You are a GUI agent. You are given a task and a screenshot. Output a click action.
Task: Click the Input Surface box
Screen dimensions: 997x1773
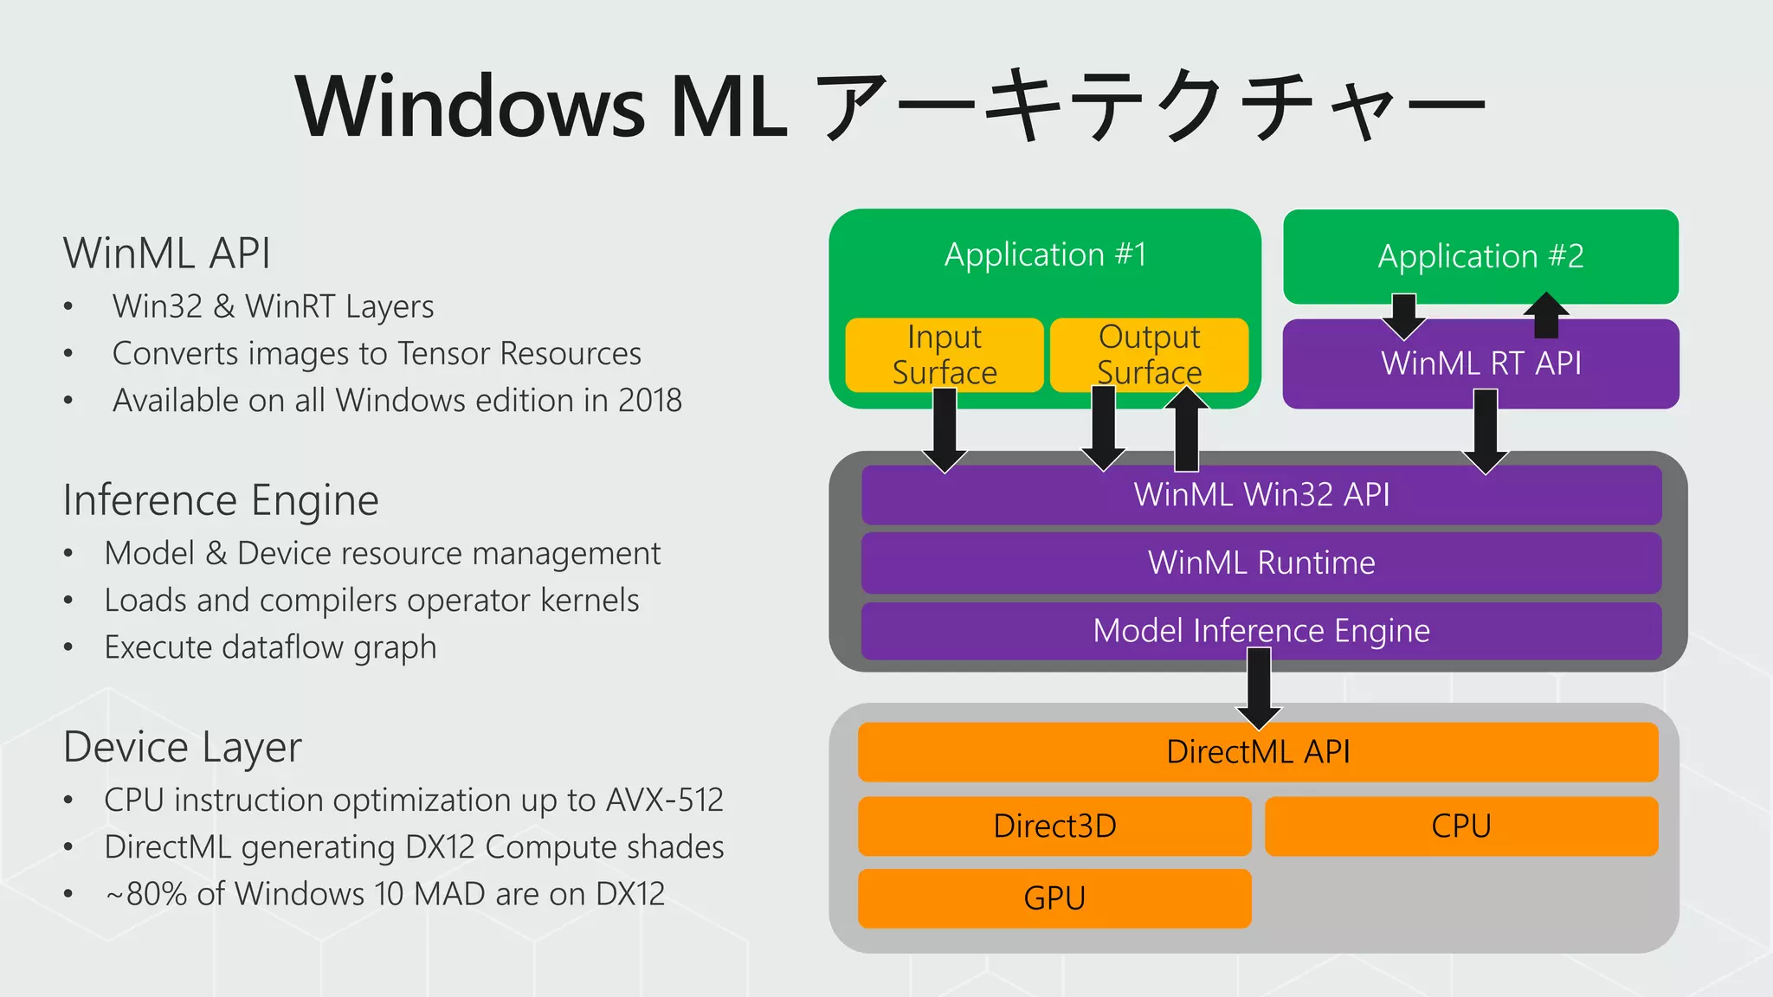pos(944,354)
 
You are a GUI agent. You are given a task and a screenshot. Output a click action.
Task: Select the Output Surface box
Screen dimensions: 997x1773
pos(1149,354)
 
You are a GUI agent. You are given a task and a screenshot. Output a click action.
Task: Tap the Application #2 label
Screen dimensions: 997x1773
pos(1480,256)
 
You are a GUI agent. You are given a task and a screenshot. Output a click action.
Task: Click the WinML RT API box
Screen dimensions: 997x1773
pos(1480,363)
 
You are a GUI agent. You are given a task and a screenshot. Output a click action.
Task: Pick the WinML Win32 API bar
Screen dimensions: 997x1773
pos(1261,495)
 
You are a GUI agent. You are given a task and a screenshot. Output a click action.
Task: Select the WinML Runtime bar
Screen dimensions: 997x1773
pos(1261,563)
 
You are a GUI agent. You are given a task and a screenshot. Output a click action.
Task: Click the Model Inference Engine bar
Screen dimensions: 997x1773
pos(1261,631)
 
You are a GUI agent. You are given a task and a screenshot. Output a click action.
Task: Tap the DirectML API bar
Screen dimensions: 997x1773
pos(1258,752)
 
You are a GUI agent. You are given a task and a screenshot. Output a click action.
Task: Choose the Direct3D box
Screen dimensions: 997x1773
pos(1054,827)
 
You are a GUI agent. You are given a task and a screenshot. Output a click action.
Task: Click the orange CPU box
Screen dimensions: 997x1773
pos(1461,827)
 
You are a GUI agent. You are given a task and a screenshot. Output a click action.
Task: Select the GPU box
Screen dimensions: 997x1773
pos(1054,898)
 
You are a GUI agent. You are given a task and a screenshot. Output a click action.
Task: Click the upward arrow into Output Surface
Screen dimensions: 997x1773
pos(1186,428)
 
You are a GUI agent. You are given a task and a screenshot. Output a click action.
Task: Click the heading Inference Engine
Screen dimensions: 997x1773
pos(221,500)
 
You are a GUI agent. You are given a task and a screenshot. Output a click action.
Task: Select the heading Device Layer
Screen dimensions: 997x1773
pos(183,747)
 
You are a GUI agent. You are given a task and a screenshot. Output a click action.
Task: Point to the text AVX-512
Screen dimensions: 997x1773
pos(664,800)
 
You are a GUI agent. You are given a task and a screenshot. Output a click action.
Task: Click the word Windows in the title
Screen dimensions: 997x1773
pos(470,106)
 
